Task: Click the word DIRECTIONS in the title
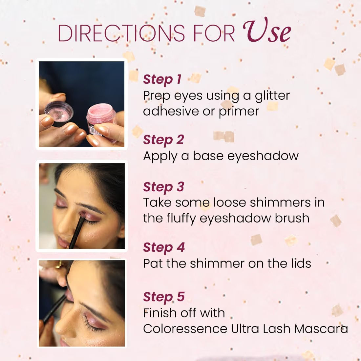coord(121,33)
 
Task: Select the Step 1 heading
coord(162,79)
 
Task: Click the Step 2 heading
coord(163,140)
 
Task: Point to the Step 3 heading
coord(163,187)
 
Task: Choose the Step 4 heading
coord(164,247)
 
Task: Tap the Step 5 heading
coord(164,297)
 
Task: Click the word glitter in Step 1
coord(272,96)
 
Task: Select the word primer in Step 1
coord(239,112)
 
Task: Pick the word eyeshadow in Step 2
coord(263,156)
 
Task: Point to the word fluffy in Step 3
coord(181,218)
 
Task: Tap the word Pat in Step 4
coord(153,264)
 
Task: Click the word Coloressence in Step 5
coord(185,329)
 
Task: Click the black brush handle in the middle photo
coord(76,233)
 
